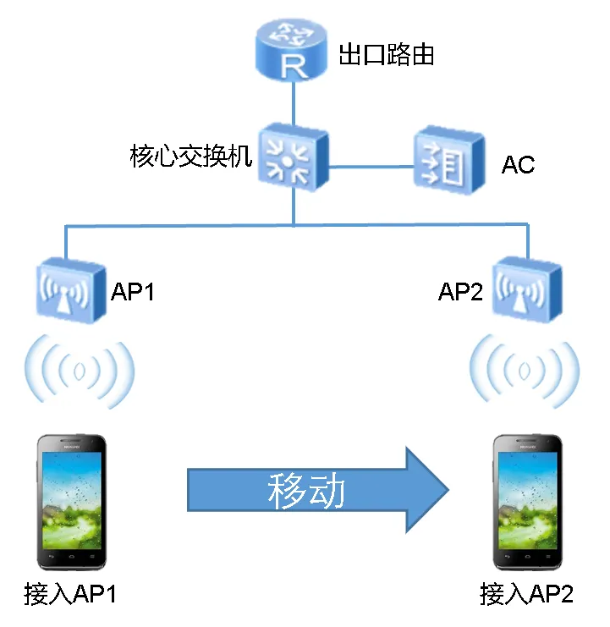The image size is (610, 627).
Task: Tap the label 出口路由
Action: [x=386, y=56]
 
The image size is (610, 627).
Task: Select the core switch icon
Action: [x=292, y=155]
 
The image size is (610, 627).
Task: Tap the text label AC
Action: [x=518, y=164]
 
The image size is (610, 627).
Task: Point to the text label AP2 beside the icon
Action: [x=460, y=292]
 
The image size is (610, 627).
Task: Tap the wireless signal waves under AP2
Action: [x=525, y=370]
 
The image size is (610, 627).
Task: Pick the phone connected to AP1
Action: [x=71, y=501]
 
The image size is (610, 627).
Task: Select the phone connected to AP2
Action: [x=528, y=501]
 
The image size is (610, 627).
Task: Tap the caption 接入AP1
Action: [x=72, y=594]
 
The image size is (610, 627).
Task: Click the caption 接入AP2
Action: [x=526, y=594]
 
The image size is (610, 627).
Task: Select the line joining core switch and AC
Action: [x=370, y=167]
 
